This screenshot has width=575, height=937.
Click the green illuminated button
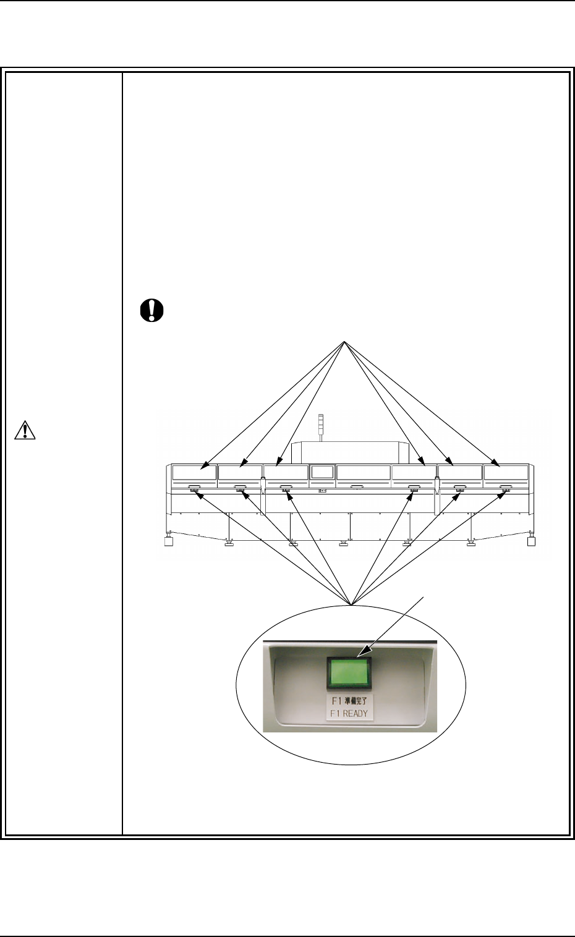(350, 673)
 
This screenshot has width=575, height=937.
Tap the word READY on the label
(356, 713)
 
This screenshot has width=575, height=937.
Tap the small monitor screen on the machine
(322, 472)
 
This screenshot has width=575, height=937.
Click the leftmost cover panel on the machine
(194, 473)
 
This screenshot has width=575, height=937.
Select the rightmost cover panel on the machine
(506, 473)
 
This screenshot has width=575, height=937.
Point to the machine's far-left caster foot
(167, 542)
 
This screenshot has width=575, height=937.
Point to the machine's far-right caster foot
(530, 542)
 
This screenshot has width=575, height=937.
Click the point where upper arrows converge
(345, 342)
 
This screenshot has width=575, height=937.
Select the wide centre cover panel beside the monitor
(363, 473)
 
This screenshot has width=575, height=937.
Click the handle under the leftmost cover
(194, 487)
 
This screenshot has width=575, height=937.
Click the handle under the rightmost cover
(506, 487)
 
